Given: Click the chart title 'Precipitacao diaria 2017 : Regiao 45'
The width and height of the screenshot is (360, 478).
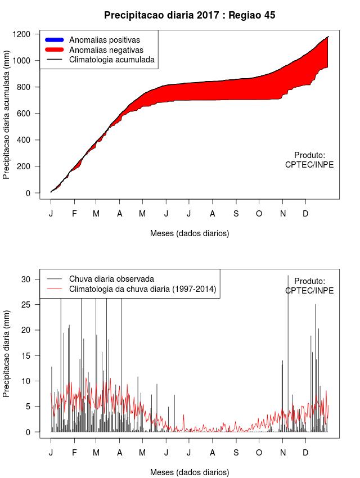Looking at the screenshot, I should click(x=190, y=15).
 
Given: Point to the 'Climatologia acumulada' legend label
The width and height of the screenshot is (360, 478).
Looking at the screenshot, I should click(x=111, y=60).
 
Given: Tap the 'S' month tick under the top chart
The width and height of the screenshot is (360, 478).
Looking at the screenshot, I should click(x=236, y=214).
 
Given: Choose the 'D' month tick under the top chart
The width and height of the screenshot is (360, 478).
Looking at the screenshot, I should click(x=305, y=214).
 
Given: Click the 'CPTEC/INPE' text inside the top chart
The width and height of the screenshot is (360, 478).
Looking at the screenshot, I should click(x=309, y=165).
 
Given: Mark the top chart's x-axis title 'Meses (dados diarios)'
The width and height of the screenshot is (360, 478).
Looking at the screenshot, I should click(x=190, y=233).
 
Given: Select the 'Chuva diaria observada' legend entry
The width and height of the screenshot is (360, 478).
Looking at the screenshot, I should click(x=111, y=279).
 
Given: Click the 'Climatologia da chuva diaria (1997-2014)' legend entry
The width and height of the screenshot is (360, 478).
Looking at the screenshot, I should click(x=142, y=289).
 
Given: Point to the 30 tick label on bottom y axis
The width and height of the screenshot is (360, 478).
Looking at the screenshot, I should click(x=25, y=279).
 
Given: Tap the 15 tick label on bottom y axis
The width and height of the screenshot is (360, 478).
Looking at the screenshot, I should click(x=25, y=355).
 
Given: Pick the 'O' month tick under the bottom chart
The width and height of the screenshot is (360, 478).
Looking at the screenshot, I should click(x=259, y=453).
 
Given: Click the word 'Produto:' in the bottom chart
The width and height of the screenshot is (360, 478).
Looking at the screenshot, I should click(x=309, y=281).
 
